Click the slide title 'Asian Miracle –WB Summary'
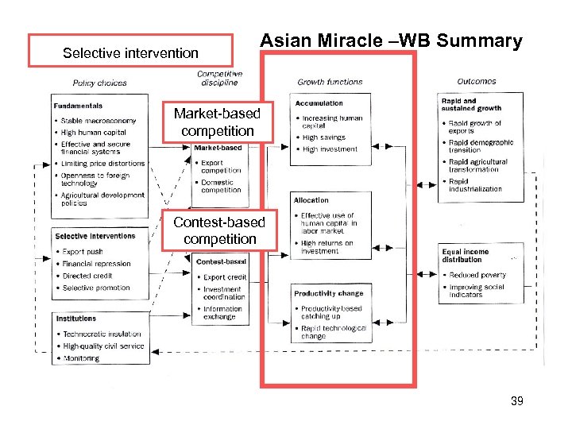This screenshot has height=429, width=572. [x=391, y=41]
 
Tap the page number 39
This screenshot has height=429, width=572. [x=516, y=401]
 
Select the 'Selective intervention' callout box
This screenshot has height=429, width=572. [x=130, y=53]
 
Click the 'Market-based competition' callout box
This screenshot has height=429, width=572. [x=217, y=122]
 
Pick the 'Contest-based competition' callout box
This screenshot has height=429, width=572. [x=219, y=230]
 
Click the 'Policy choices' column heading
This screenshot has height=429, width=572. [x=99, y=83]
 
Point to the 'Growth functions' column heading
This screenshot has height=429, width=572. [x=330, y=82]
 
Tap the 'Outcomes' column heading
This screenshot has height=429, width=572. [x=477, y=81]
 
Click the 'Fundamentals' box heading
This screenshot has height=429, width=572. [x=78, y=106]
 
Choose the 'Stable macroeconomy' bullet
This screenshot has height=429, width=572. [x=99, y=121]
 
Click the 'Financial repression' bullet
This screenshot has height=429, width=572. [x=96, y=264]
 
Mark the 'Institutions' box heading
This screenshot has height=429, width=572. [x=76, y=319]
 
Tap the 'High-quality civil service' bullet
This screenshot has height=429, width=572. [x=103, y=346]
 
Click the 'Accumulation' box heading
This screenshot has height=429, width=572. [x=319, y=103]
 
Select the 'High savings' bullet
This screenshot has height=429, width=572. [x=323, y=137]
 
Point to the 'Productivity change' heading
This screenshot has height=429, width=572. [x=328, y=293]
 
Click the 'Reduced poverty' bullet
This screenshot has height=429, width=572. [x=477, y=275]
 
